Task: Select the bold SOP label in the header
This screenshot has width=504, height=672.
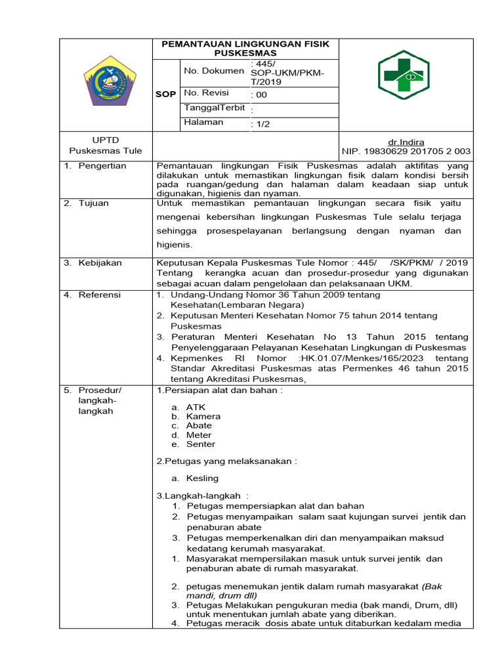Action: click(x=165, y=94)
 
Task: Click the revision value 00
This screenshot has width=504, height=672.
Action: click(x=262, y=94)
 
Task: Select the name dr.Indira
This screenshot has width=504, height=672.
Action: click(x=406, y=142)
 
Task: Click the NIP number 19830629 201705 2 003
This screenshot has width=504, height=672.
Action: click(x=406, y=152)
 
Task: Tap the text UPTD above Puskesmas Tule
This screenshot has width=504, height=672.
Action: click(x=106, y=141)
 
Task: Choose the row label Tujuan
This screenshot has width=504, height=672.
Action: click(x=93, y=203)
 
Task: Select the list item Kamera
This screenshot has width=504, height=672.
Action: click(x=203, y=416)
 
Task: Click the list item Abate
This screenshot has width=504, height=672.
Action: click(x=199, y=425)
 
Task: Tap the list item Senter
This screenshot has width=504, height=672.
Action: click(x=200, y=444)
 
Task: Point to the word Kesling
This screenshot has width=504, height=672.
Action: click(x=202, y=478)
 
